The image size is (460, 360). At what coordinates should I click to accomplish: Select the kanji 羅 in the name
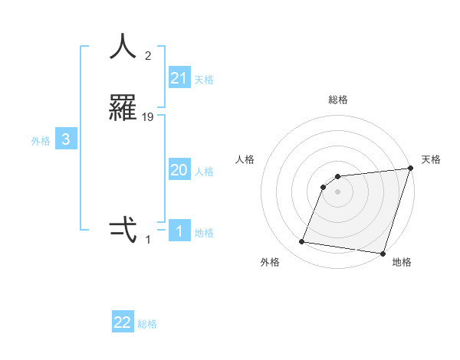coord(123,108)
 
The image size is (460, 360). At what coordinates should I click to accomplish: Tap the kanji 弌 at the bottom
coord(123,230)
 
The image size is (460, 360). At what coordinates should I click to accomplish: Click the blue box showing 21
coord(179,77)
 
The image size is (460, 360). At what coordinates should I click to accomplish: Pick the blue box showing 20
coord(179,170)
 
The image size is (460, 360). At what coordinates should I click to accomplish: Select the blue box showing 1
coord(179,231)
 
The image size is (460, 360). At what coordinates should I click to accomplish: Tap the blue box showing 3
coord(66,139)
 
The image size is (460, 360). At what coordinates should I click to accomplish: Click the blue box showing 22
coord(123,322)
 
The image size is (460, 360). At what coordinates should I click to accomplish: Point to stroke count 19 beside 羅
coord(148,116)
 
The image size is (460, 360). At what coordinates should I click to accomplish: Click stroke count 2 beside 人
coord(148,55)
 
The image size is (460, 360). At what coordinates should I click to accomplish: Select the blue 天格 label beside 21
coord(205,79)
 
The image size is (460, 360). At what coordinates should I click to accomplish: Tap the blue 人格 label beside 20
coord(205,172)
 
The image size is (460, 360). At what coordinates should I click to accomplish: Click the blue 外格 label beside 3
coord(40,141)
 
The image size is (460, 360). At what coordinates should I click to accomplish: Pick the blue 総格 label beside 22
coord(147,324)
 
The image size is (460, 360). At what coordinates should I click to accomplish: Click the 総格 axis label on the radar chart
coord(338,100)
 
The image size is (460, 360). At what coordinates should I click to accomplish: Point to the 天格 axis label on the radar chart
coord(431,159)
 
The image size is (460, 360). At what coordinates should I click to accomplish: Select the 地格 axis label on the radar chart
coord(402,262)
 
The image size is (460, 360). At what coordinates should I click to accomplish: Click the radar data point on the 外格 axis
coord(302,242)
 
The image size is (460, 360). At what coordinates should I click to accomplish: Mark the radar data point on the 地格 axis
coord(382,253)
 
